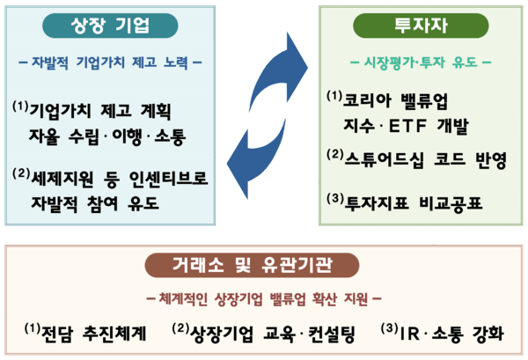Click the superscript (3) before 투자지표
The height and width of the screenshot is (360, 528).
333,198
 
